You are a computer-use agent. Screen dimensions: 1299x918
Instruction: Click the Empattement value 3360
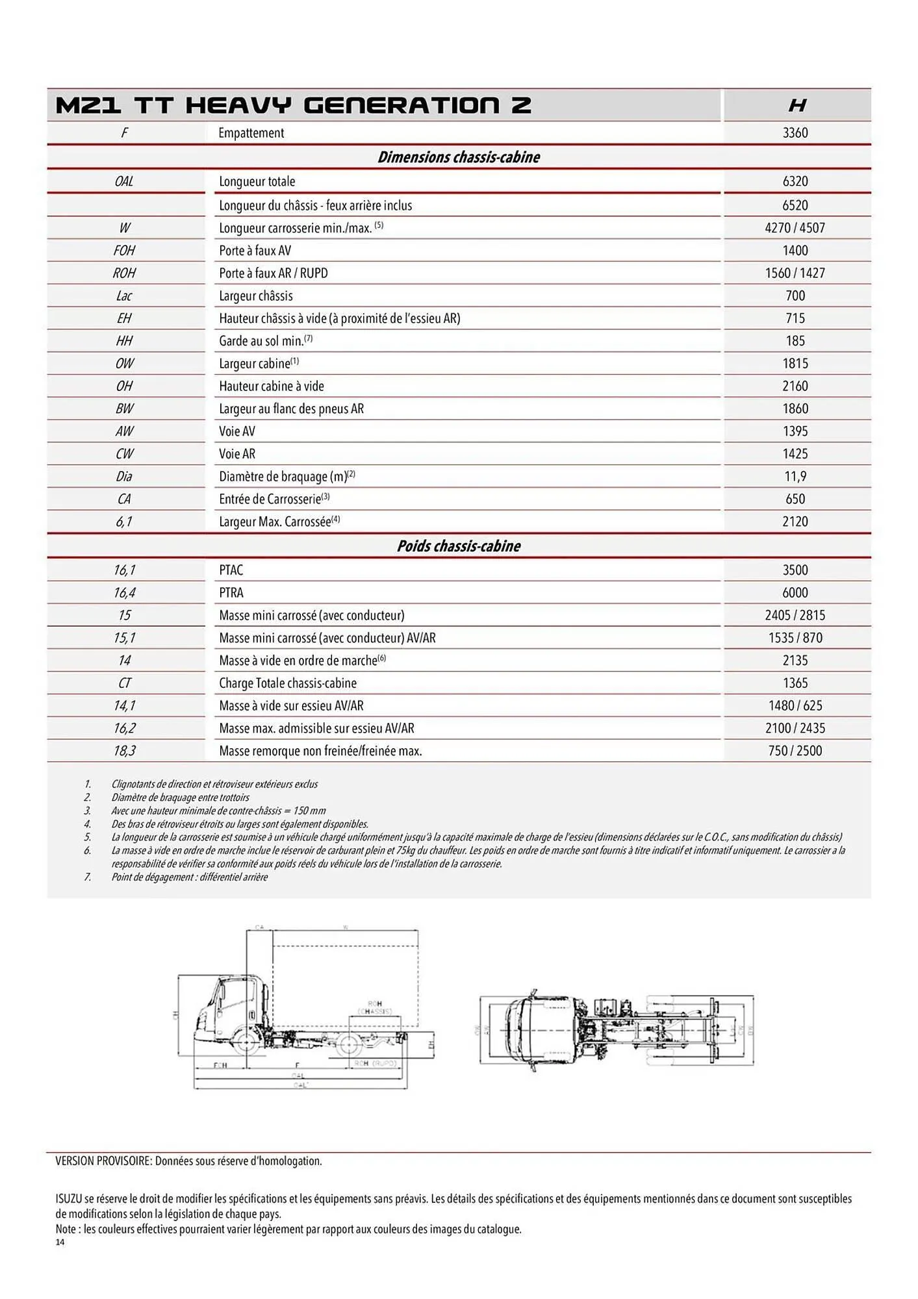click(x=795, y=133)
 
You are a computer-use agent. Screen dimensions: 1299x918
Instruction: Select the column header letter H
click(x=797, y=105)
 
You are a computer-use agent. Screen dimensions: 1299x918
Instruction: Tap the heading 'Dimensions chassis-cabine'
click(x=459, y=157)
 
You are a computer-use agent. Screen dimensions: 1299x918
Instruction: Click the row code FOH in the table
click(x=124, y=251)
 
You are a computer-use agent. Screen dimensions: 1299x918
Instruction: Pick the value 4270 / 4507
click(x=795, y=228)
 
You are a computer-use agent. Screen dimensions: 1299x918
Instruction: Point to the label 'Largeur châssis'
click(x=256, y=296)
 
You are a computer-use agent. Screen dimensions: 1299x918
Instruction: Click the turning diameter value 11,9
click(x=795, y=477)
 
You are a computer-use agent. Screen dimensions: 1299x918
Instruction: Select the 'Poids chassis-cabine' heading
click(x=459, y=546)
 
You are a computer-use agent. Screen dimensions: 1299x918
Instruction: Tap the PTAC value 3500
click(x=795, y=570)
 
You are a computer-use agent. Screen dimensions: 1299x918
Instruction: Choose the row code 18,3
click(x=124, y=751)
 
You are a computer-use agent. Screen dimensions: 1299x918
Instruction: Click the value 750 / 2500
click(x=795, y=751)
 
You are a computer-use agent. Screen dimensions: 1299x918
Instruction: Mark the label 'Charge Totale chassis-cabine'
click(x=288, y=683)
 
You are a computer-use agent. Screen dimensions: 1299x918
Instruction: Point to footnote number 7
click(x=87, y=877)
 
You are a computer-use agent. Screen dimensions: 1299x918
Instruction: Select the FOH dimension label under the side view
click(x=220, y=1065)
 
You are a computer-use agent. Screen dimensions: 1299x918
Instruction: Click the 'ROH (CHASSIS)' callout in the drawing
click(x=375, y=1007)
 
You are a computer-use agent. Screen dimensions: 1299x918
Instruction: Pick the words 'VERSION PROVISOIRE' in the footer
click(x=103, y=1161)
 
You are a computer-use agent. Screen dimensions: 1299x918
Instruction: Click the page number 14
click(x=60, y=1242)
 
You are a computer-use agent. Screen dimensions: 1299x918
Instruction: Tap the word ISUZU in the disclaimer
click(x=69, y=1199)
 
